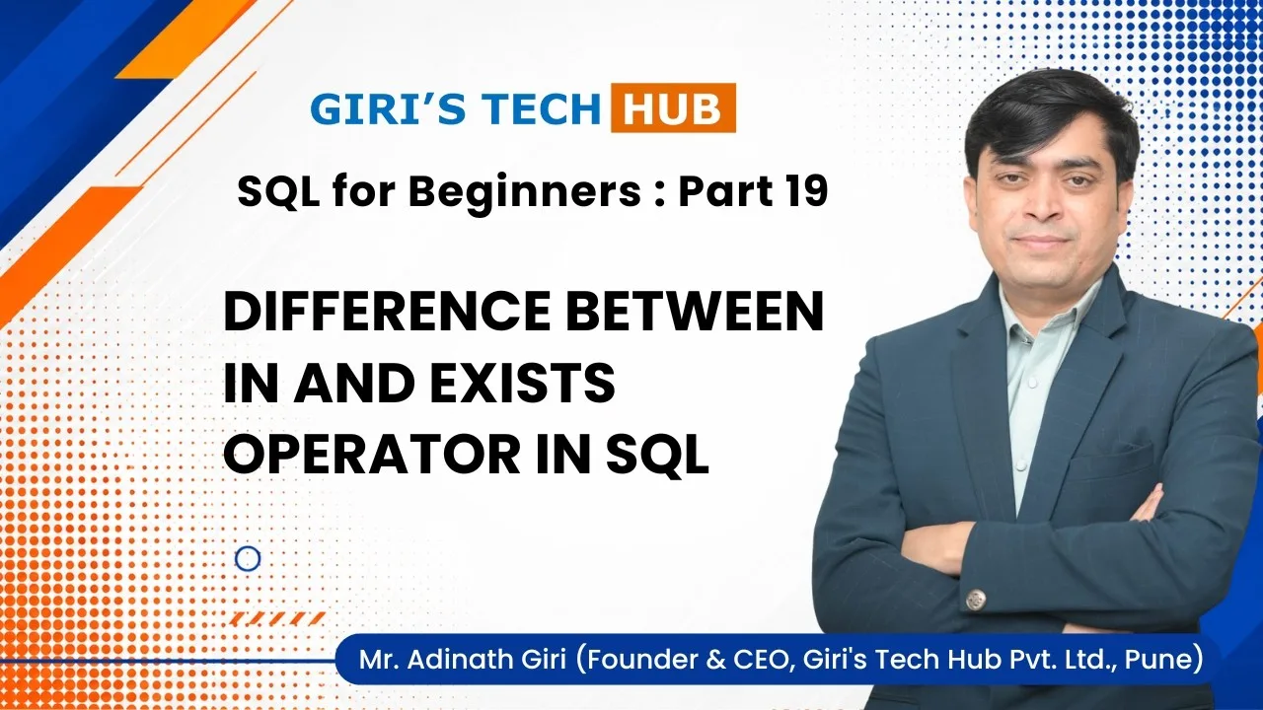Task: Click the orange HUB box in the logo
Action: point(673,107)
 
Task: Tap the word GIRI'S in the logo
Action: point(388,108)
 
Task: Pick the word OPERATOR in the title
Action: point(372,455)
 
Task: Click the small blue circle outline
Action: point(248,559)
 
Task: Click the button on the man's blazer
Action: point(975,599)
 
